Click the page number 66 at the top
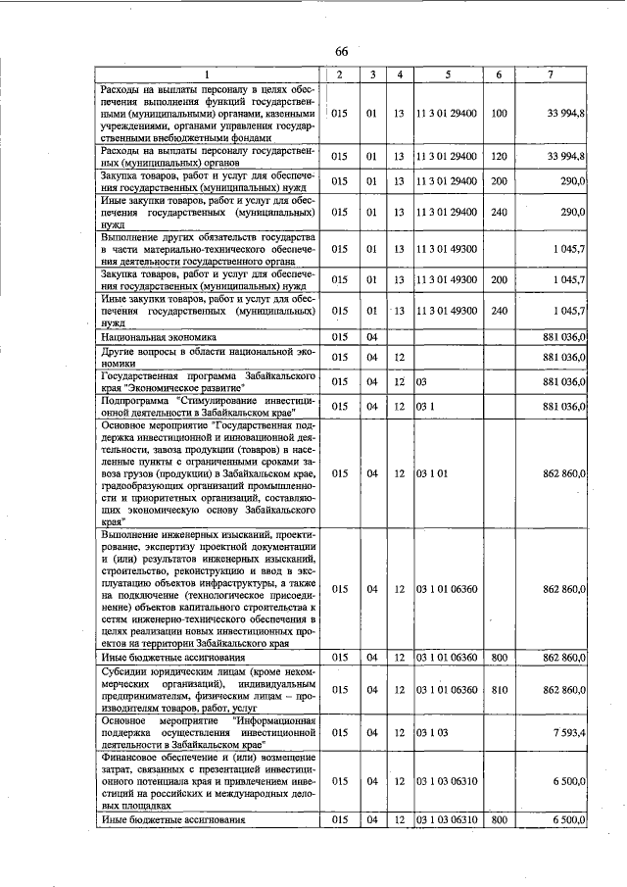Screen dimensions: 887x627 (341, 51)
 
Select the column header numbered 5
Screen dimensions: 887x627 (447, 74)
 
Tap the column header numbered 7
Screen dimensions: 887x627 (554, 74)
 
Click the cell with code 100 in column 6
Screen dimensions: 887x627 (498, 114)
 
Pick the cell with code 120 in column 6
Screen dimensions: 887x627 (498, 156)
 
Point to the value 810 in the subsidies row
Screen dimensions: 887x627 (498, 690)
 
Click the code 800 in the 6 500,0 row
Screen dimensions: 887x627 (498, 819)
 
